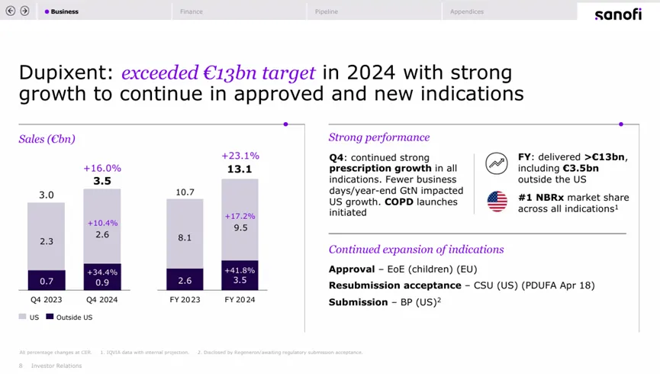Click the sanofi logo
click(x=617, y=14)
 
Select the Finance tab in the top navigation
click(x=192, y=11)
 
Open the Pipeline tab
click(x=327, y=11)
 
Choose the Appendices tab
click(x=467, y=11)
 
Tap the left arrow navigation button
click(x=11, y=11)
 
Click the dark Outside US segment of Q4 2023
click(x=47, y=281)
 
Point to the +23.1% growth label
click(x=240, y=156)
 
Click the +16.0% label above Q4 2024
click(x=102, y=168)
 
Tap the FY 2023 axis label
click(x=185, y=300)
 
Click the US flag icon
click(x=497, y=202)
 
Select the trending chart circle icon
click(x=497, y=163)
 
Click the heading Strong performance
click(x=379, y=137)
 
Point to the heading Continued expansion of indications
click(x=416, y=250)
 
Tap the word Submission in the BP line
click(x=358, y=302)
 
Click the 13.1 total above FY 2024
click(x=240, y=169)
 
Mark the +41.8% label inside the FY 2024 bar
click(x=240, y=270)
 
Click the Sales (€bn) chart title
click(x=47, y=139)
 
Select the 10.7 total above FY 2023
click(x=185, y=192)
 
